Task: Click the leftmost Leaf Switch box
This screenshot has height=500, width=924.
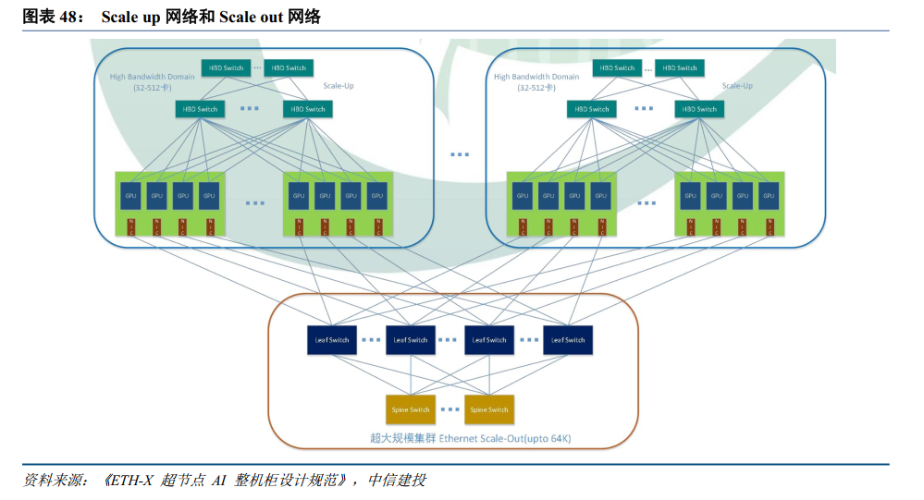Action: (x=332, y=339)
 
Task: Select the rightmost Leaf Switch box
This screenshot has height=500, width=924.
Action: (x=568, y=339)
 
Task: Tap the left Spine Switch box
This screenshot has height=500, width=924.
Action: (x=411, y=409)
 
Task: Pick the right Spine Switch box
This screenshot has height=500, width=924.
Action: (x=488, y=409)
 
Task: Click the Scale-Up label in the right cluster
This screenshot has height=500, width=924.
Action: (x=737, y=86)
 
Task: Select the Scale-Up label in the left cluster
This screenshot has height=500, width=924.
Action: (x=339, y=86)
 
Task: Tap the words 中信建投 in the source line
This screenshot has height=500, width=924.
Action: (x=397, y=481)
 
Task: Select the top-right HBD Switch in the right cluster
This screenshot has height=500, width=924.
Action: (x=681, y=67)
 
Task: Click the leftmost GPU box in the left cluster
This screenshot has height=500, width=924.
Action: (x=130, y=196)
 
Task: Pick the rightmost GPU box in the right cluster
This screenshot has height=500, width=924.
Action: (x=768, y=196)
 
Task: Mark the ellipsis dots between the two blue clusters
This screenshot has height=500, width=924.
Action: (x=460, y=154)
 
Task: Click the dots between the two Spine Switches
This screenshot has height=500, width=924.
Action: (x=450, y=409)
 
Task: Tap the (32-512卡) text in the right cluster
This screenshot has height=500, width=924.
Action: (x=536, y=89)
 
